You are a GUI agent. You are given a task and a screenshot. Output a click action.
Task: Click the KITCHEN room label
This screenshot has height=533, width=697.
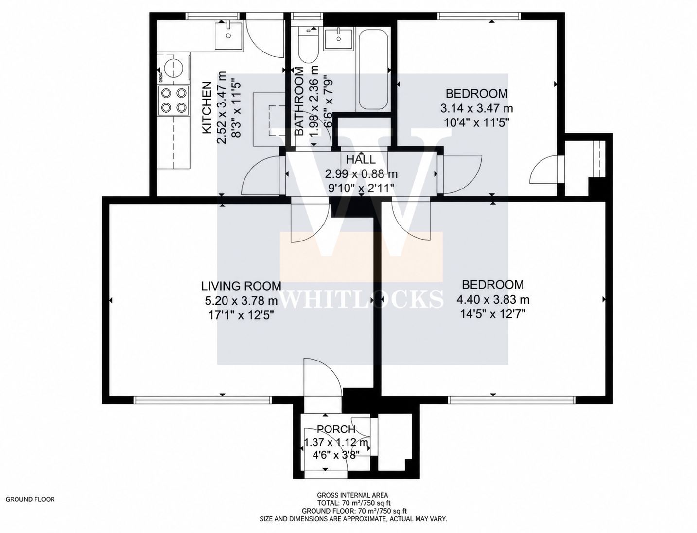[x=207, y=107]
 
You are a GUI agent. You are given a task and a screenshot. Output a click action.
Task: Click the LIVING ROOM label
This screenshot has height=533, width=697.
[x=241, y=286]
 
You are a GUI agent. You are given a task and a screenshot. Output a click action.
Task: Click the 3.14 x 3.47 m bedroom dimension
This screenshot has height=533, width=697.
[x=476, y=108]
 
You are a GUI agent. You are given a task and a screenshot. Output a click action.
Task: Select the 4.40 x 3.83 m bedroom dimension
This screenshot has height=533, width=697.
[x=492, y=299]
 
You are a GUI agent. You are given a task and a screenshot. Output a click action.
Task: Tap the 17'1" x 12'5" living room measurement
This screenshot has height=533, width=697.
[x=241, y=315]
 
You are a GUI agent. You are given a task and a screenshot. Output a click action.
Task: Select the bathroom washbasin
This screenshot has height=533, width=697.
[x=338, y=38]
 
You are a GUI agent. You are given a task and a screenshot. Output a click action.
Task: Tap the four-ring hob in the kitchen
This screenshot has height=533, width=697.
[x=174, y=100]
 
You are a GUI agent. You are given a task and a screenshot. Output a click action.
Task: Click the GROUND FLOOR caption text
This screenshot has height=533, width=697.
[x=30, y=499]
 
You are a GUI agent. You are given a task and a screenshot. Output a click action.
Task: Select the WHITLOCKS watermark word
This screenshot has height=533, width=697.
[x=362, y=298]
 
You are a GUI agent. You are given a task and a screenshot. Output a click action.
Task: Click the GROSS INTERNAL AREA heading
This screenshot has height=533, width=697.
[x=352, y=495]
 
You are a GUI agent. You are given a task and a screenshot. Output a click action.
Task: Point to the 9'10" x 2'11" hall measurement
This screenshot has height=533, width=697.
[x=361, y=188]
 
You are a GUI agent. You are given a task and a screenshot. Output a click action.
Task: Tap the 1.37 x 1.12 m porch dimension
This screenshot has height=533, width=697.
[x=336, y=442]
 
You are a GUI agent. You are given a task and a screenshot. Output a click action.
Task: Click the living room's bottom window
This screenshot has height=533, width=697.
[x=203, y=400]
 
